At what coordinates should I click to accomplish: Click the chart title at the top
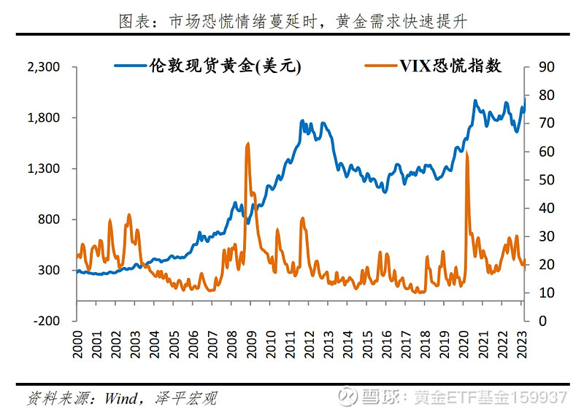(292, 21)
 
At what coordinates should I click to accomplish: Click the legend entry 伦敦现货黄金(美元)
(208, 66)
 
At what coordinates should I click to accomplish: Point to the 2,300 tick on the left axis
(42, 67)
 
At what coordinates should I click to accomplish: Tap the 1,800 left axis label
(42, 118)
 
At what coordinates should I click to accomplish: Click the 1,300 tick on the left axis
(42, 168)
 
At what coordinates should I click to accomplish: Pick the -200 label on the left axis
(45, 321)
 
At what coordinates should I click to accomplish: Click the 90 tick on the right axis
(546, 67)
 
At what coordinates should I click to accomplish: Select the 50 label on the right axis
(546, 180)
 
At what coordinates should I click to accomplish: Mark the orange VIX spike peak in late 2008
(248, 144)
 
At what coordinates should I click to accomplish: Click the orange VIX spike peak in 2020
(466, 152)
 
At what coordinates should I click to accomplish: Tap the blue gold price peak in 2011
(302, 121)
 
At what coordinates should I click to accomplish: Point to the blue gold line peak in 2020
(475, 101)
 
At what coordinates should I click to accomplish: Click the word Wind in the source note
(120, 398)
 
